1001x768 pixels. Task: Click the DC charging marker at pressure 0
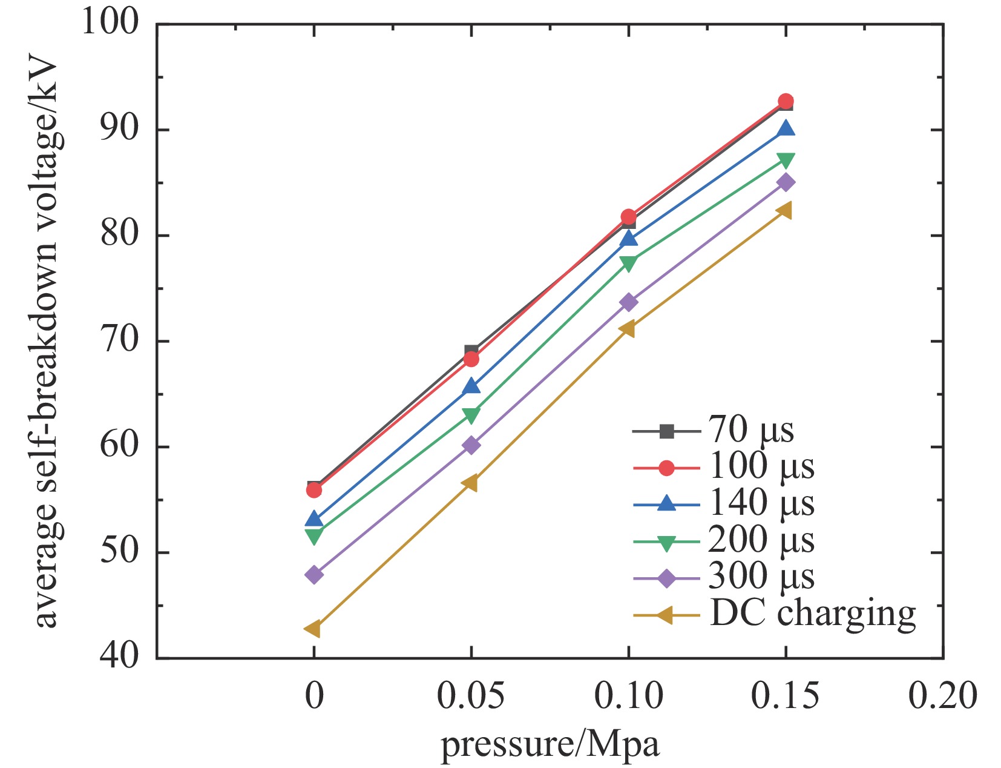[313, 629]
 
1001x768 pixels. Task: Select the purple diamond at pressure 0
[313, 574]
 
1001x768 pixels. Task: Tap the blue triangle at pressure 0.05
[471, 386]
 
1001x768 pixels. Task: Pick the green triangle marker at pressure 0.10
[628, 263]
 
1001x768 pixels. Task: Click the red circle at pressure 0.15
[786, 101]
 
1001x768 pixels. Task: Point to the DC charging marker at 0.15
[785, 210]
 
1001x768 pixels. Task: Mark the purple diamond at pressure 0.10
[628, 302]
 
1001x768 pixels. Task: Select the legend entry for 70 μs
[750, 431]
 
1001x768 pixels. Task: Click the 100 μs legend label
[761, 467]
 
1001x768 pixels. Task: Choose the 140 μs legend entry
[761, 503]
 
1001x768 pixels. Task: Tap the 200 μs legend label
[761, 540]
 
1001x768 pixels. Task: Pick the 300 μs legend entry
[761, 576]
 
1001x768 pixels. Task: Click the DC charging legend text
[812, 614]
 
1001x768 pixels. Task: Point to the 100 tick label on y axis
[110, 23]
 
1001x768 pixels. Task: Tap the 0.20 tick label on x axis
[942, 695]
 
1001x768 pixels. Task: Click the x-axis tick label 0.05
[470, 695]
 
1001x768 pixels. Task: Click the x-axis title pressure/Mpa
[550, 744]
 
